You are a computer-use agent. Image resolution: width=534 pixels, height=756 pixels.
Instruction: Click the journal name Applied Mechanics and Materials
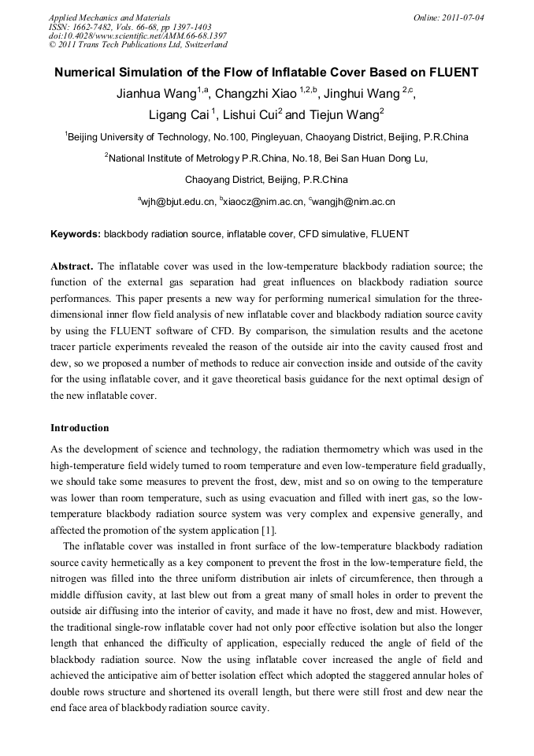(x=109, y=17)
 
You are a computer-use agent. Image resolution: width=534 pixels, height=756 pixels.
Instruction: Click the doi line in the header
(x=138, y=36)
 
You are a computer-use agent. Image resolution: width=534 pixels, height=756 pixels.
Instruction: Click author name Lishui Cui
(x=249, y=115)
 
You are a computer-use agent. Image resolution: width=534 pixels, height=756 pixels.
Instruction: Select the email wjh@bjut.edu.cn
(x=178, y=203)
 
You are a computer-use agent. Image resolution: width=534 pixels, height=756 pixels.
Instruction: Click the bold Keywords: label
(x=76, y=235)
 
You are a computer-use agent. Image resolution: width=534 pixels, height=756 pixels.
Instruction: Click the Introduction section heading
(x=80, y=428)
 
